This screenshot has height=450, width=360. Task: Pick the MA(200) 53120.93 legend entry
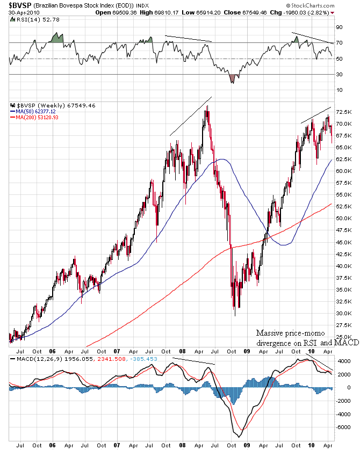[x=38, y=118]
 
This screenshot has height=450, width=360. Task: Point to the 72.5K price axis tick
[x=343, y=112]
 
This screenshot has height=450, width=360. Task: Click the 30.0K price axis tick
[x=343, y=313]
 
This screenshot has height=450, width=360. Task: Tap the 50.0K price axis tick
[x=343, y=219]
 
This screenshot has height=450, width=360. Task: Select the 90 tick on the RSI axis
[x=340, y=26]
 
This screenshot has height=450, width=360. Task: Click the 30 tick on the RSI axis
[x=340, y=74]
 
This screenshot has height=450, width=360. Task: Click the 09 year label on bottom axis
[x=246, y=445]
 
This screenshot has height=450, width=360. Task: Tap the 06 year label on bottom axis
[x=53, y=445]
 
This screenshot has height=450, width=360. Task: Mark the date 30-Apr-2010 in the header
[x=21, y=12]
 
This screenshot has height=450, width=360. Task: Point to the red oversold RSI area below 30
[x=232, y=79]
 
